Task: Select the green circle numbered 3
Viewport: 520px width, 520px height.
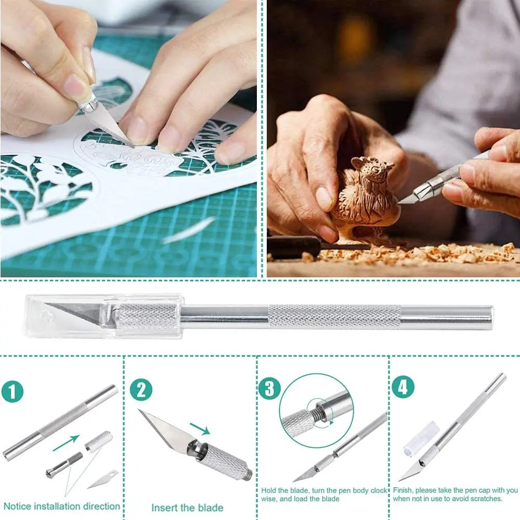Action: coord(269,388)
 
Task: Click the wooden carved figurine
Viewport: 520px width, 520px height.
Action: coord(364,198)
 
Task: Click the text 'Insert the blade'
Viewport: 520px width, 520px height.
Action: coord(187,508)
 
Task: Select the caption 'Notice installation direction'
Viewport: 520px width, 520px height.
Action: coord(62,506)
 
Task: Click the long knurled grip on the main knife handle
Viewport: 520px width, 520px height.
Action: coord(334,317)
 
